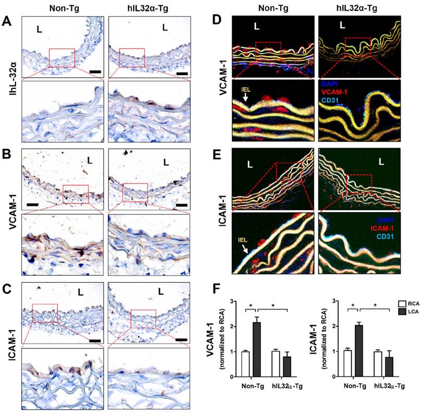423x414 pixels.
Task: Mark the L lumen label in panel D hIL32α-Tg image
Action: point(342,25)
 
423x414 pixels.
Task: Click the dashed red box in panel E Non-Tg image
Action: point(289,173)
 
